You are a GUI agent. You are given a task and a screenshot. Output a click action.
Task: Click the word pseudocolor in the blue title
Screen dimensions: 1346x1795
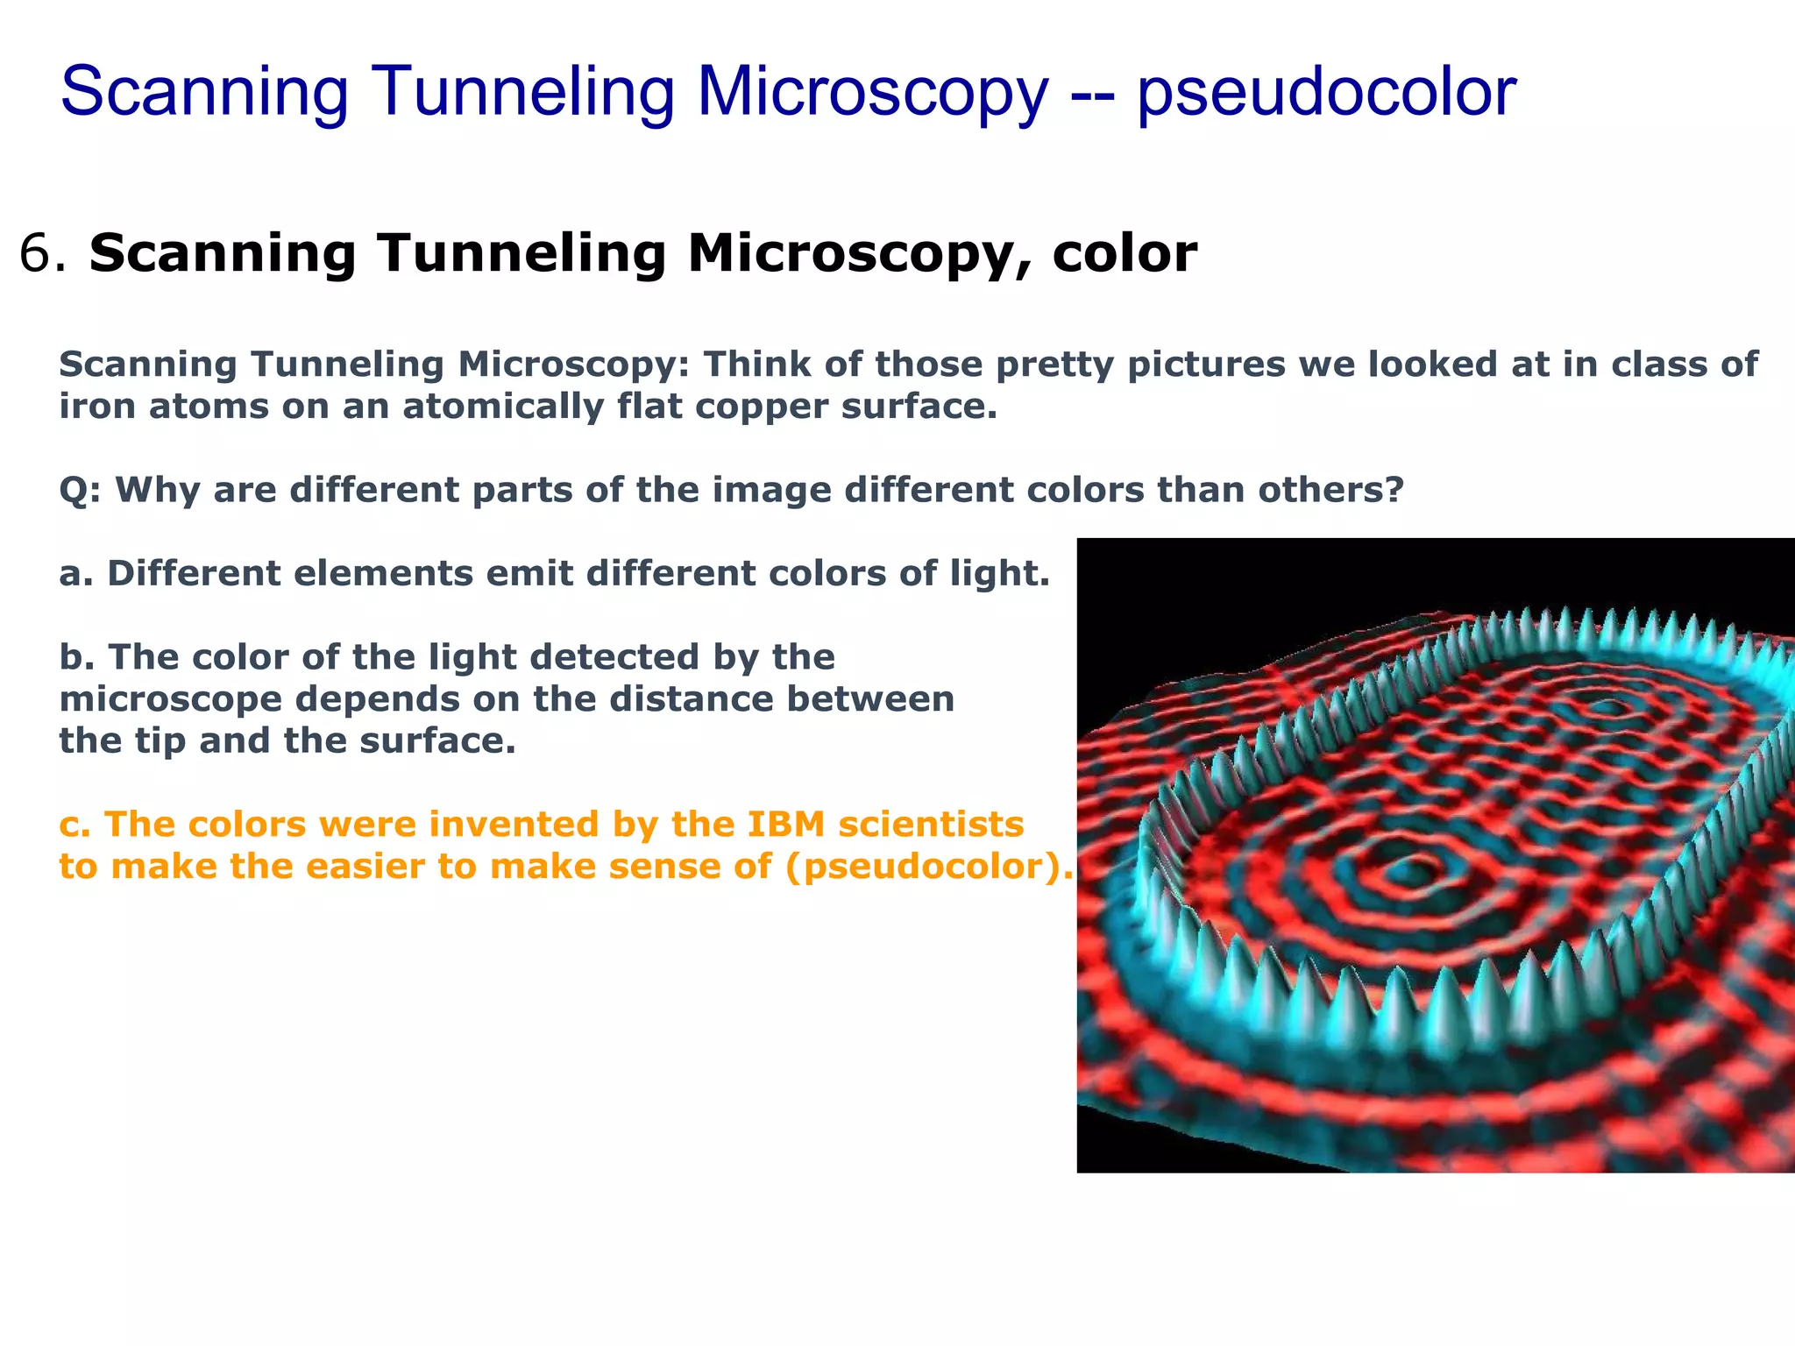(x=1326, y=92)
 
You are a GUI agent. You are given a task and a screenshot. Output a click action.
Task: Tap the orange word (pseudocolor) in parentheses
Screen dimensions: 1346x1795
(x=928, y=867)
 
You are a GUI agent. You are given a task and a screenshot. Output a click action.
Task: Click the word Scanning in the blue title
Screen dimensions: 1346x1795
(x=205, y=92)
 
